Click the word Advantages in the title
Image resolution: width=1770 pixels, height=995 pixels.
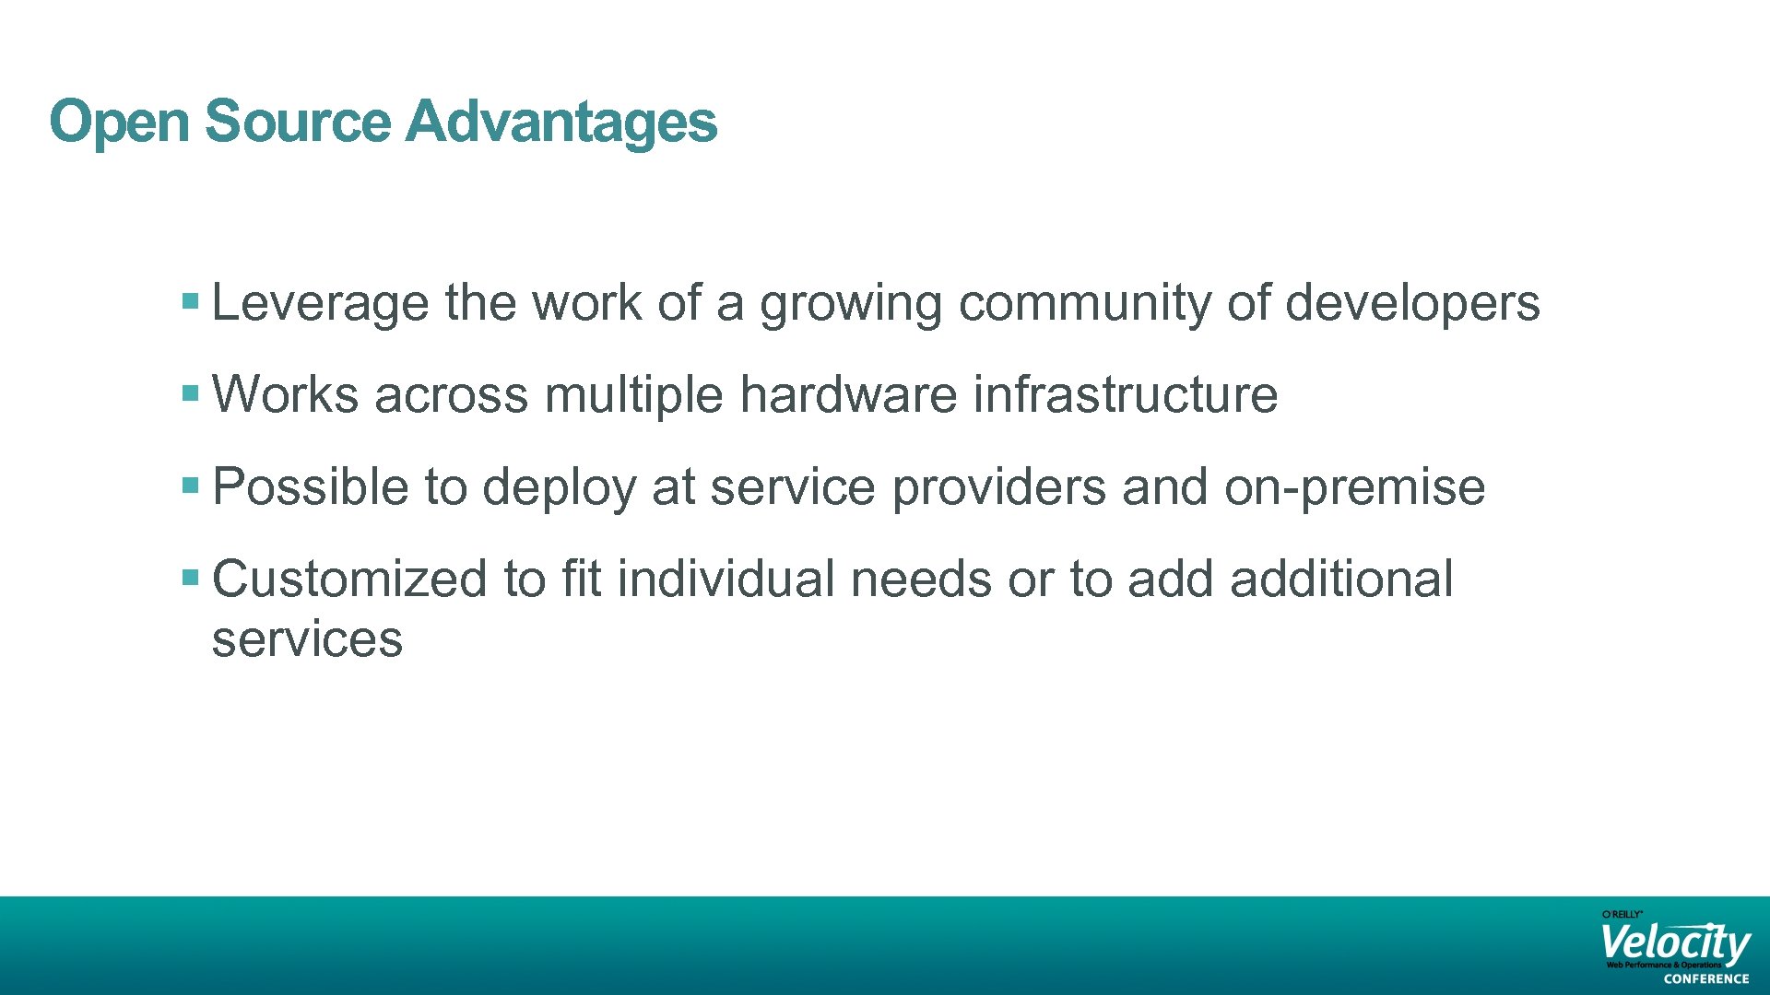561,122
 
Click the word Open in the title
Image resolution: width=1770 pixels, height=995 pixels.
119,122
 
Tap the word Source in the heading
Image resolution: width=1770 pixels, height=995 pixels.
298,122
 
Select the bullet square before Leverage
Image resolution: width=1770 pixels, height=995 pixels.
191,301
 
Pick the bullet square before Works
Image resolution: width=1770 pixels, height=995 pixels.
191,393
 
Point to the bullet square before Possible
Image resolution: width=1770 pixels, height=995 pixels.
191,486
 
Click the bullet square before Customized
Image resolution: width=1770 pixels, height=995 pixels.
191,578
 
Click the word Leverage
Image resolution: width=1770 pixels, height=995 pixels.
320,303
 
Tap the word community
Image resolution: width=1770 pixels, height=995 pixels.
1084,303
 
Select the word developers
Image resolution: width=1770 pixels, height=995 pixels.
1412,303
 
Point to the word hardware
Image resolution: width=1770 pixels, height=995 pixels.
848,395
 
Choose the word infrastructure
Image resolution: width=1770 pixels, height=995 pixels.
1126,395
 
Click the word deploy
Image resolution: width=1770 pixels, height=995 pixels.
559,487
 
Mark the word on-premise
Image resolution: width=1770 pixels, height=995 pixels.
1354,487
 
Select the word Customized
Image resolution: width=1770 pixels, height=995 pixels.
349,579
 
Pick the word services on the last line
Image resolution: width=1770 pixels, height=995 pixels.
307,639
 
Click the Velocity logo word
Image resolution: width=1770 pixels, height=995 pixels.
1675,942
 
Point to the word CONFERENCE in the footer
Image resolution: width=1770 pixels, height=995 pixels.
1706,979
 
